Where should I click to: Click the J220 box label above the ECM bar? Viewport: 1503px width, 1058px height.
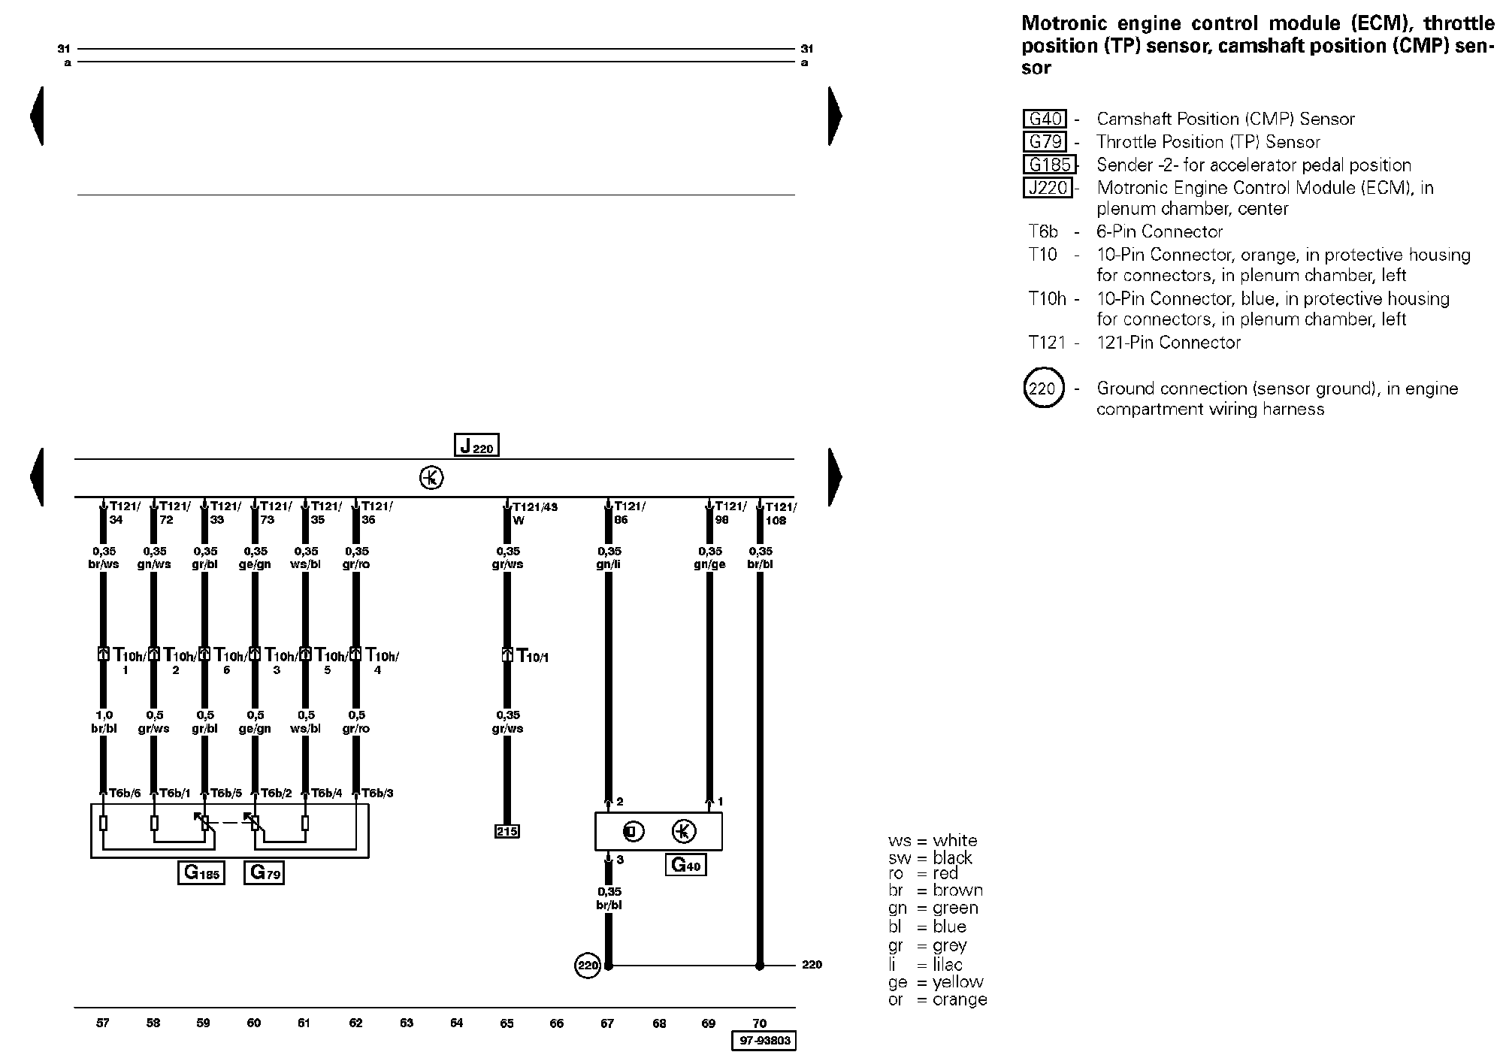476,446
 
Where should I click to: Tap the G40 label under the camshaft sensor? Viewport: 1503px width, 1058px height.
685,865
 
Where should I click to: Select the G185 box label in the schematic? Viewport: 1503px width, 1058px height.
201,872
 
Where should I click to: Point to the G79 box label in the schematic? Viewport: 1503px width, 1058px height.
264,872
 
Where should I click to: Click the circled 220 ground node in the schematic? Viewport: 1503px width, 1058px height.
588,966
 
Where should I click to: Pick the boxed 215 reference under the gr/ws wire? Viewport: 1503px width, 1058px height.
507,831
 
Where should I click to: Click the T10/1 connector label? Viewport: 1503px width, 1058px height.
533,656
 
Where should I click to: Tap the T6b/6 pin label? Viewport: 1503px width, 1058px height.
125,793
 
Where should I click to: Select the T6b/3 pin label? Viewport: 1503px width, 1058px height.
377,793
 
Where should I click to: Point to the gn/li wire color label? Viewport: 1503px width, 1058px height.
608,564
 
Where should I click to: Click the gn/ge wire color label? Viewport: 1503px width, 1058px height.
709,564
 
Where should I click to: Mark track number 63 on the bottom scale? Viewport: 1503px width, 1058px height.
407,1023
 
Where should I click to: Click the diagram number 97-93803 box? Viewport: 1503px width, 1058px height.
763,1041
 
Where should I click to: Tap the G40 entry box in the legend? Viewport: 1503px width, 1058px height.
1045,119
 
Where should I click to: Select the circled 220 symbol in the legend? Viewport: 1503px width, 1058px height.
1043,388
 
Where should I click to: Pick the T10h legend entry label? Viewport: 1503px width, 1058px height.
1047,299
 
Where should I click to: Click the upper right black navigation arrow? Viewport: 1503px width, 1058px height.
835,116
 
